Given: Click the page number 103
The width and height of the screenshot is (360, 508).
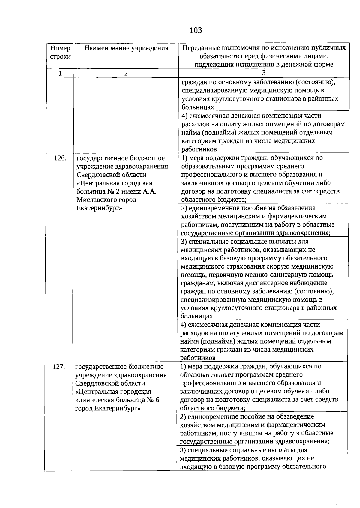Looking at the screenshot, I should (196, 30).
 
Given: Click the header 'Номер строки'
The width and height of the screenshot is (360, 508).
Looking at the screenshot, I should (60, 52).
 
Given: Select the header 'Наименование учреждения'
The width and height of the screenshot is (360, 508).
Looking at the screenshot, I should (126, 48).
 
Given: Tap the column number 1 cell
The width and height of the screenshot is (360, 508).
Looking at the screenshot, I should (60, 73).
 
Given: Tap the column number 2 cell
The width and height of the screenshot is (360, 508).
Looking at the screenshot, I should (126, 73).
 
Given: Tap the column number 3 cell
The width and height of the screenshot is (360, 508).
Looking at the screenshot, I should (264, 73).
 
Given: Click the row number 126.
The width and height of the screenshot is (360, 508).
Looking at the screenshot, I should (60, 158).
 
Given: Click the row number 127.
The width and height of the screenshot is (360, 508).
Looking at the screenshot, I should (59, 367).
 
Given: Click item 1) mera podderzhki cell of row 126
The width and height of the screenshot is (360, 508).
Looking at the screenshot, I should (260, 179).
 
